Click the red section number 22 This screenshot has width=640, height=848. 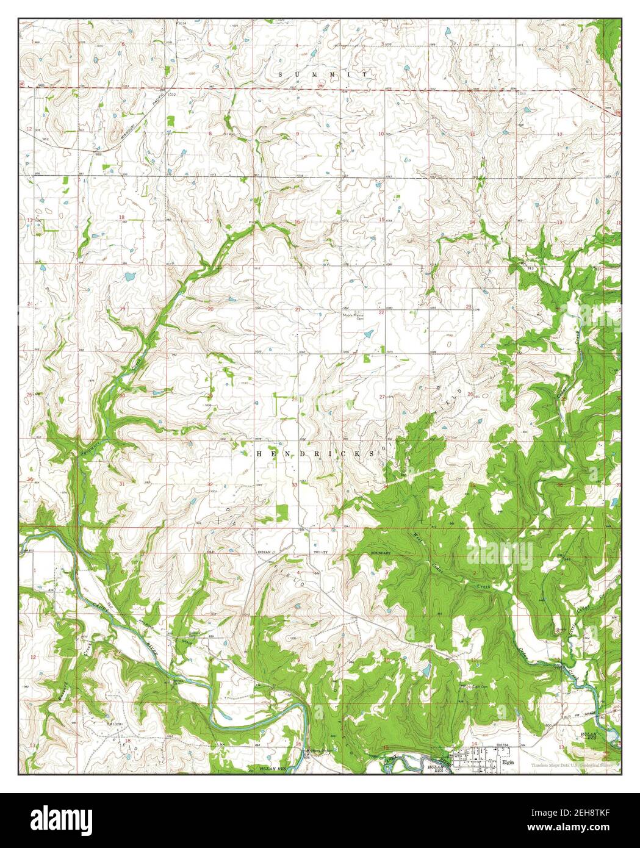click(x=381, y=312)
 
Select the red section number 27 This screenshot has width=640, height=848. click(x=382, y=397)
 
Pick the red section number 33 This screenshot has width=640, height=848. click(x=295, y=484)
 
